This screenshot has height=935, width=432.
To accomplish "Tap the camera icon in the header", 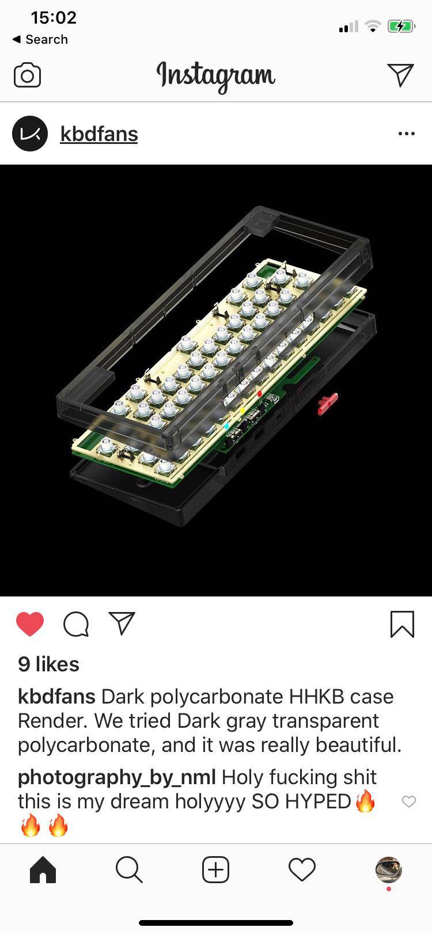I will [x=27, y=75].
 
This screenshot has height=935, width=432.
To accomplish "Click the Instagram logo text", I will [x=216, y=76].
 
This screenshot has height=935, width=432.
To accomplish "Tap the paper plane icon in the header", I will [x=400, y=75].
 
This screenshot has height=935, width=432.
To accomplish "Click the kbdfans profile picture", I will [x=30, y=134].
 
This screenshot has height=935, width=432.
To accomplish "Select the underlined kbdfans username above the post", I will [x=99, y=134].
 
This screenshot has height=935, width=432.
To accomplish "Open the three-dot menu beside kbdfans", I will [x=406, y=134].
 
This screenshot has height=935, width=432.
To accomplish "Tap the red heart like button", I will [x=30, y=624].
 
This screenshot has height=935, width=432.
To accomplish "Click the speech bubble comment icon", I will [x=76, y=624].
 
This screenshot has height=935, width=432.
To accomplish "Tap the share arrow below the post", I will [x=122, y=623].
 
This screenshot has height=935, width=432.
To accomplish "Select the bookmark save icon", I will [x=402, y=624].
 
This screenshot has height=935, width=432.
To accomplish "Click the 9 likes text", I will [x=49, y=664].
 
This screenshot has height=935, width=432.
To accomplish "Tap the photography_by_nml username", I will [x=117, y=777].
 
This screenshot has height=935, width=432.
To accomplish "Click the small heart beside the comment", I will [x=408, y=801].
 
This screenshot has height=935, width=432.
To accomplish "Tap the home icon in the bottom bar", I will [x=43, y=869].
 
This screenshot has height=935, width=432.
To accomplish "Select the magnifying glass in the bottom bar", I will [x=129, y=869].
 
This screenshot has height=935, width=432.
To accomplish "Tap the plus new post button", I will [x=216, y=869].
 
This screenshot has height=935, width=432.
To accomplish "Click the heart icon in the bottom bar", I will [x=302, y=869].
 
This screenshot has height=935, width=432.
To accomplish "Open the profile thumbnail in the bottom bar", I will [x=388, y=869].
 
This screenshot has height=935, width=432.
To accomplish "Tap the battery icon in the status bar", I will [x=401, y=26].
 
